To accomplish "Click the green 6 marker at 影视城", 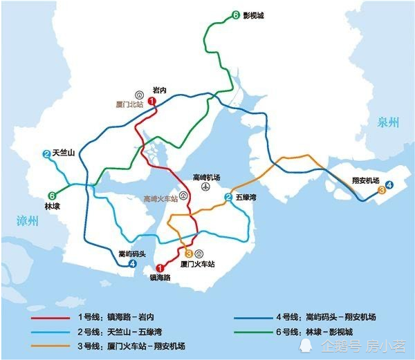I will pos(235,15).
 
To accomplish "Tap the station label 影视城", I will pos(254,15).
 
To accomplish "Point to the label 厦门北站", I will pos(129,105).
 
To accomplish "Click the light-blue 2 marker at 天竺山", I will pos(46,154).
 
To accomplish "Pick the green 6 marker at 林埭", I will pos(52,196).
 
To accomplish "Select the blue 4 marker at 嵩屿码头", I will pos(133,263).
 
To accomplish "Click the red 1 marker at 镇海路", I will pos(160,268).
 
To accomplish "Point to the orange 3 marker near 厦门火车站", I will pos(188,254).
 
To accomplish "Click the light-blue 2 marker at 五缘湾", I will pos(228,198).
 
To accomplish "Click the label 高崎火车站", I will pos(160,198).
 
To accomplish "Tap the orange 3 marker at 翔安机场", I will pos(381,189).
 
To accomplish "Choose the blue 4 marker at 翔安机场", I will pos(389,184).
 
